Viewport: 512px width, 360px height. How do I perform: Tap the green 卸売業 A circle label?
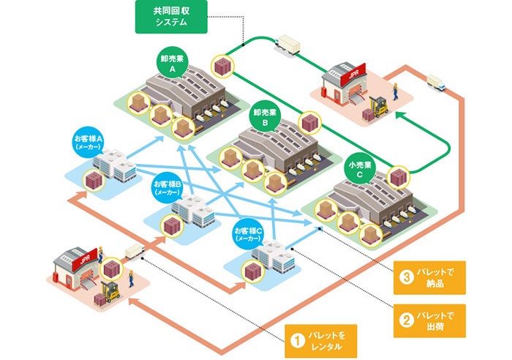click(173, 64)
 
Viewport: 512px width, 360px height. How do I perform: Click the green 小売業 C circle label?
click(359, 170)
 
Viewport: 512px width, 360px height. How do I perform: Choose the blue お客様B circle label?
click(167, 188)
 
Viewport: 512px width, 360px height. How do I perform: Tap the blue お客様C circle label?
click(248, 233)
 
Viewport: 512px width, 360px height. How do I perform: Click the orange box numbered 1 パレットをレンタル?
click(323, 340)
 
